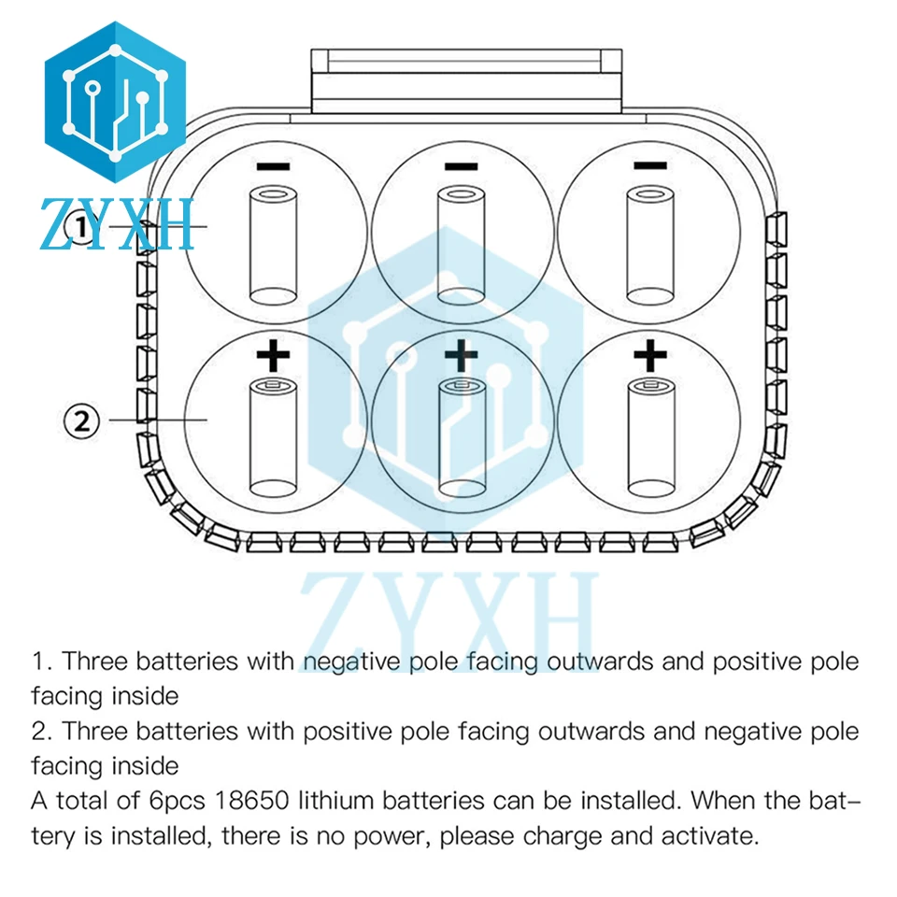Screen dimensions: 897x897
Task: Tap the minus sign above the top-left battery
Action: coord(273,166)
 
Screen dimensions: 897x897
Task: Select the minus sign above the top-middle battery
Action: coord(461,166)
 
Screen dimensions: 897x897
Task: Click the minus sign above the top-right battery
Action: coord(649,166)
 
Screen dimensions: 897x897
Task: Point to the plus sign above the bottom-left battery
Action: coord(273,354)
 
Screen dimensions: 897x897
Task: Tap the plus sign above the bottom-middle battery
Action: coord(461,354)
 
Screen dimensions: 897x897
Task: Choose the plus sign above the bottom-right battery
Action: coord(649,354)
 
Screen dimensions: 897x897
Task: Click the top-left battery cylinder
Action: coord(273,245)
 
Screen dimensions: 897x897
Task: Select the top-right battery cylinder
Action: coord(649,245)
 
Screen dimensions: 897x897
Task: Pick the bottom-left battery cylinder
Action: coord(273,436)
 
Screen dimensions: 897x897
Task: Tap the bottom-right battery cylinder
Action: coord(649,436)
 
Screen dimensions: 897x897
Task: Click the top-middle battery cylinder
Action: coord(461,245)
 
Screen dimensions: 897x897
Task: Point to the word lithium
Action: coord(338,801)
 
